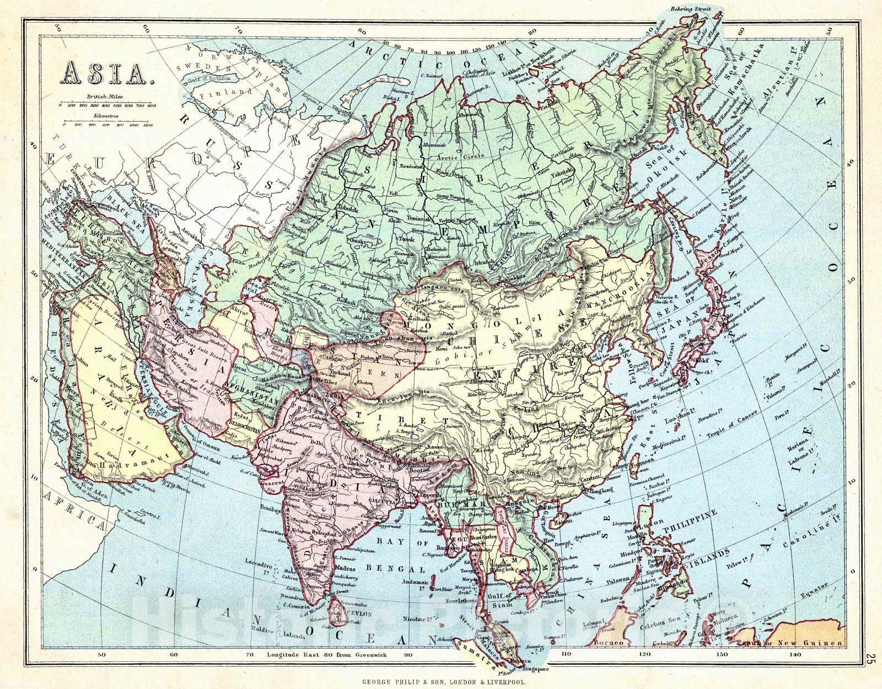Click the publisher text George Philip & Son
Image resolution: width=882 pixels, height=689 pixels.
click(444, 682)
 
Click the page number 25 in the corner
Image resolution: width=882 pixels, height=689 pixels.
click(870, 659)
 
